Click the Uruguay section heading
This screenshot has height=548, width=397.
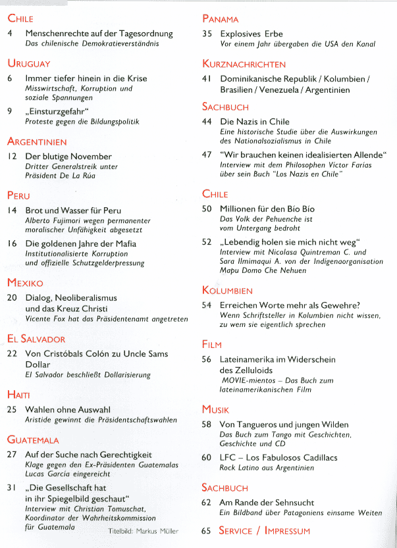tap(29, 63)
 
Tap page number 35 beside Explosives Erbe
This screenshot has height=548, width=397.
tap(207, 33)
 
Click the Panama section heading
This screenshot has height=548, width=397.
tap(220, 19)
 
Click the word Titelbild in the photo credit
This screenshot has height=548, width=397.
tap(121, 531)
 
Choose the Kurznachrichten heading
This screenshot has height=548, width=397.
tap(244, 64)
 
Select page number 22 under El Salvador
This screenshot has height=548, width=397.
tap(12, 354)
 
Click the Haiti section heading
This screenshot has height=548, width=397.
tap(19, 394)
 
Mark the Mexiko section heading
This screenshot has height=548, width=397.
tap(25, 282)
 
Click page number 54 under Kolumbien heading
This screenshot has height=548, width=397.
tap(207, 305)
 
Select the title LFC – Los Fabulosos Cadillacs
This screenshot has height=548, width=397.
tap(279, 457)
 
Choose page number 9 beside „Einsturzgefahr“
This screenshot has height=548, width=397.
tap(9, 111)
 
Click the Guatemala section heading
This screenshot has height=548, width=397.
tap(33, 439)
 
